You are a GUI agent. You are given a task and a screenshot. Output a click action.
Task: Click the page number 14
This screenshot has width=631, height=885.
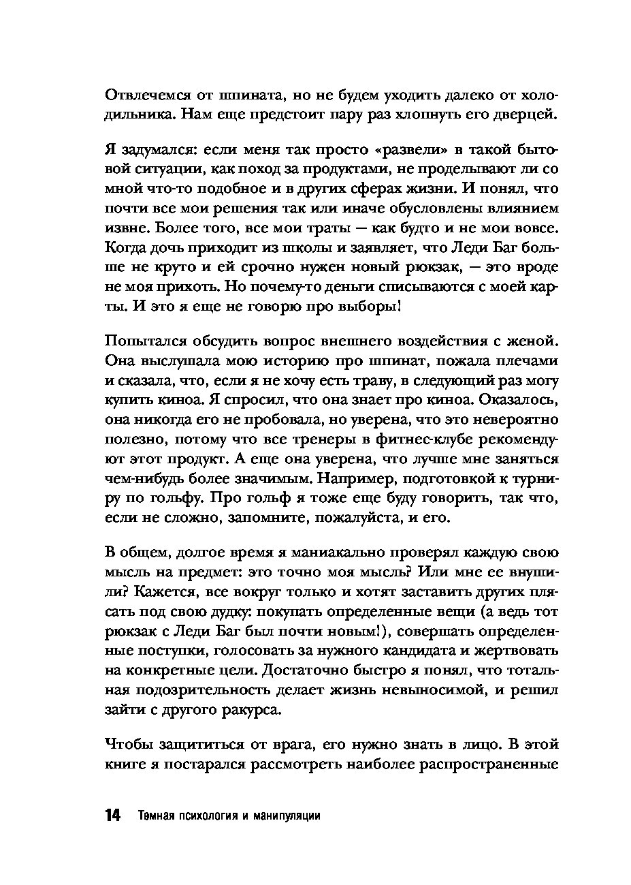point(112,816)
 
